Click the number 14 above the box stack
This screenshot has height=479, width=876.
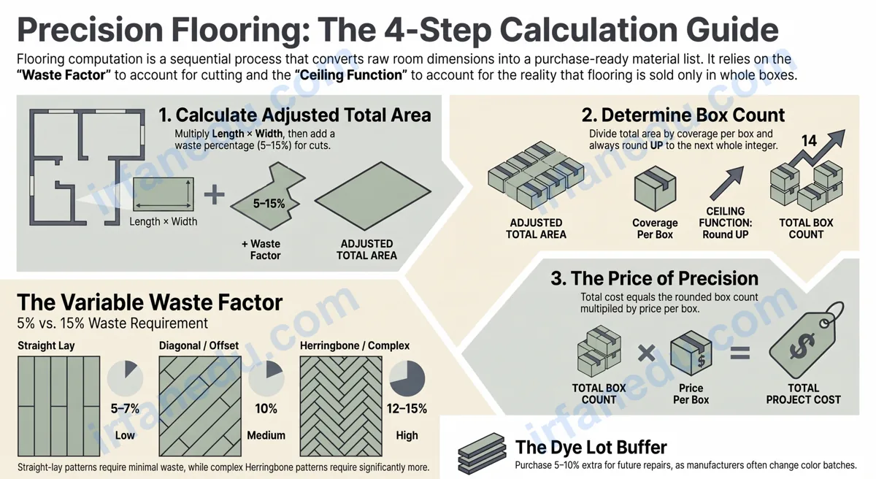coord(809,141)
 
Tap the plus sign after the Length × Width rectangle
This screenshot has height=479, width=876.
coord(215,195)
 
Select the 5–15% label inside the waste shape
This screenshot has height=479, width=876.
coord(269,203)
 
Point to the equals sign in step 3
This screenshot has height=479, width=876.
coord(740,353)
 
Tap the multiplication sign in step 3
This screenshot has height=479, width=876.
coord(647,353)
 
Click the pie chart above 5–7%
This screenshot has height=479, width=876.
coord(125,378)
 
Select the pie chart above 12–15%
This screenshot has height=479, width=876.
coord(407,378)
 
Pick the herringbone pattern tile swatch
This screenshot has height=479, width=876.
coord(341,406)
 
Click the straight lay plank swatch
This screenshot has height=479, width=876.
coord(58,406)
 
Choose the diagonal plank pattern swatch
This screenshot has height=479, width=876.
coord(200,406)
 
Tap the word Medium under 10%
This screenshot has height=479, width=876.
coord(266,435)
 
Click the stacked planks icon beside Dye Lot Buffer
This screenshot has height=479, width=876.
coord(482,453)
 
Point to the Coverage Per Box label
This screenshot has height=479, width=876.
coord(655,229)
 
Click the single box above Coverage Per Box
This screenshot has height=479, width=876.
coord(655,188)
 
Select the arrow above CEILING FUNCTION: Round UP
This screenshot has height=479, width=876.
coord(726,183)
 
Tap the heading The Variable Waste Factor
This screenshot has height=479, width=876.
coord(150,302)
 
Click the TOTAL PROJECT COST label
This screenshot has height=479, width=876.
coord(803,394)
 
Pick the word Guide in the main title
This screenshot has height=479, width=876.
coord(727,31)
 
